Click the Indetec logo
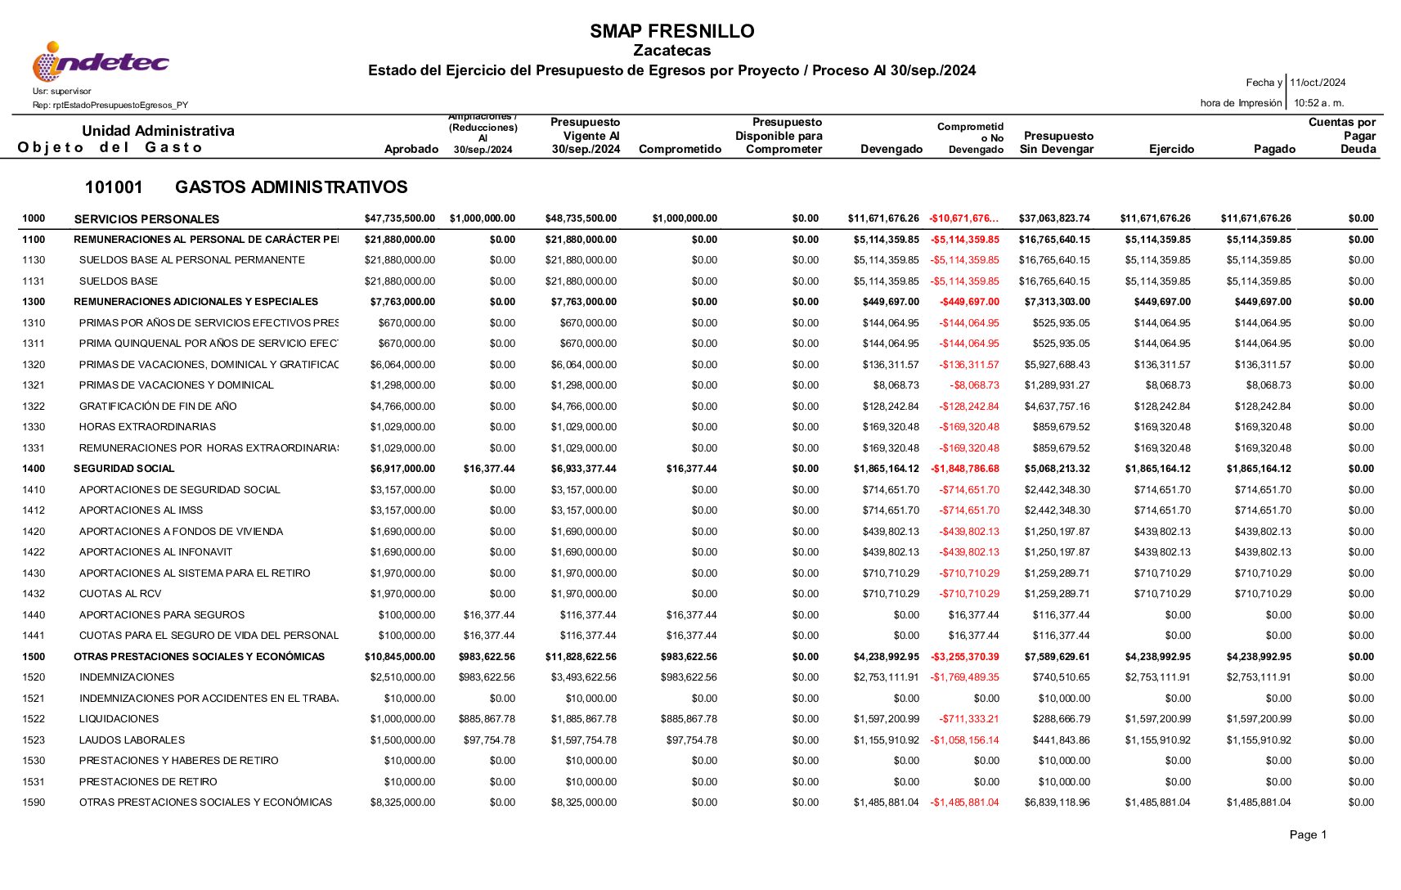point(101,61)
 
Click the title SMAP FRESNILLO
point(671,31)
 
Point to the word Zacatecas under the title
point(671,51)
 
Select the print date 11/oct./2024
point(1318,83)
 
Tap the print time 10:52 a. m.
point(1318,103)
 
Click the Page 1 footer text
point(1308,834)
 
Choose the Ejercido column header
point(1171,149)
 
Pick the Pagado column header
point(1274,149)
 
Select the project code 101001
point(114,187)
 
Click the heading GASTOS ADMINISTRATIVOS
point(291,187)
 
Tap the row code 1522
point(34,719)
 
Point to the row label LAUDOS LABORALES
point(132,740)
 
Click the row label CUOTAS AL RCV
point(120,594)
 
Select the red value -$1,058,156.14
point(964,740)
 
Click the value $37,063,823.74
point(1054,218)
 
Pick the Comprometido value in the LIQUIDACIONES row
point(689,719)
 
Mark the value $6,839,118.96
point(1057,802)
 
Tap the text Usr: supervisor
point(62,91)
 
